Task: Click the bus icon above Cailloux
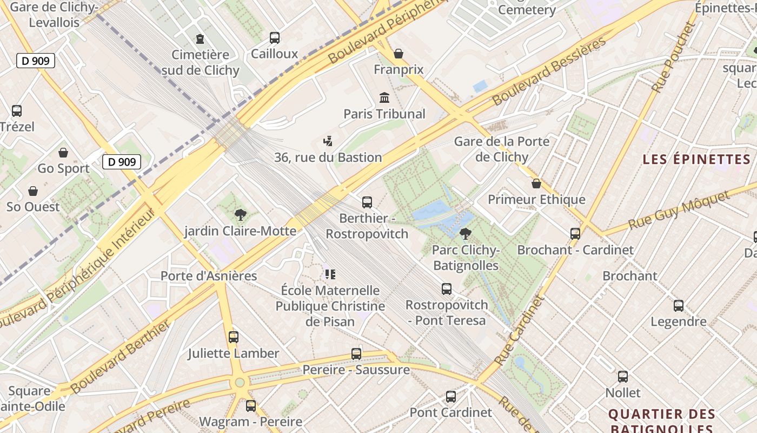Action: click(275, 38)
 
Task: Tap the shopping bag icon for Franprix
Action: click(399, 54)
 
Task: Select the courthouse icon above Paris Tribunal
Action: click(384, 97)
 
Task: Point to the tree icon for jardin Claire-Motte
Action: click(240, 215)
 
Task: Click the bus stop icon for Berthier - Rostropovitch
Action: click(367, 202)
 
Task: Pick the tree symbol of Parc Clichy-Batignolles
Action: click(465, 234)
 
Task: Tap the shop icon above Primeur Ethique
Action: click(536, 183)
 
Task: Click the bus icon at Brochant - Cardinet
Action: click(575, 234)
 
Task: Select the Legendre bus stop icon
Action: click(679, 305)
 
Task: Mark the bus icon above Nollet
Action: click(623, 376)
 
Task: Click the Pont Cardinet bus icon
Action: click(451, 396)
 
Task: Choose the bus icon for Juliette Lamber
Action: click(234, 337)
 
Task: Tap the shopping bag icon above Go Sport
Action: click(63, 153)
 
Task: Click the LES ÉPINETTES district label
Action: click(696, 159)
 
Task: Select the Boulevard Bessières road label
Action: click(549, 71)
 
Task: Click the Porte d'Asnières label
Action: click(209, 276)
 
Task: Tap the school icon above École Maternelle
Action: click(330, 274)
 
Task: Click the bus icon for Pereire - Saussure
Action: click(356, 354)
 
